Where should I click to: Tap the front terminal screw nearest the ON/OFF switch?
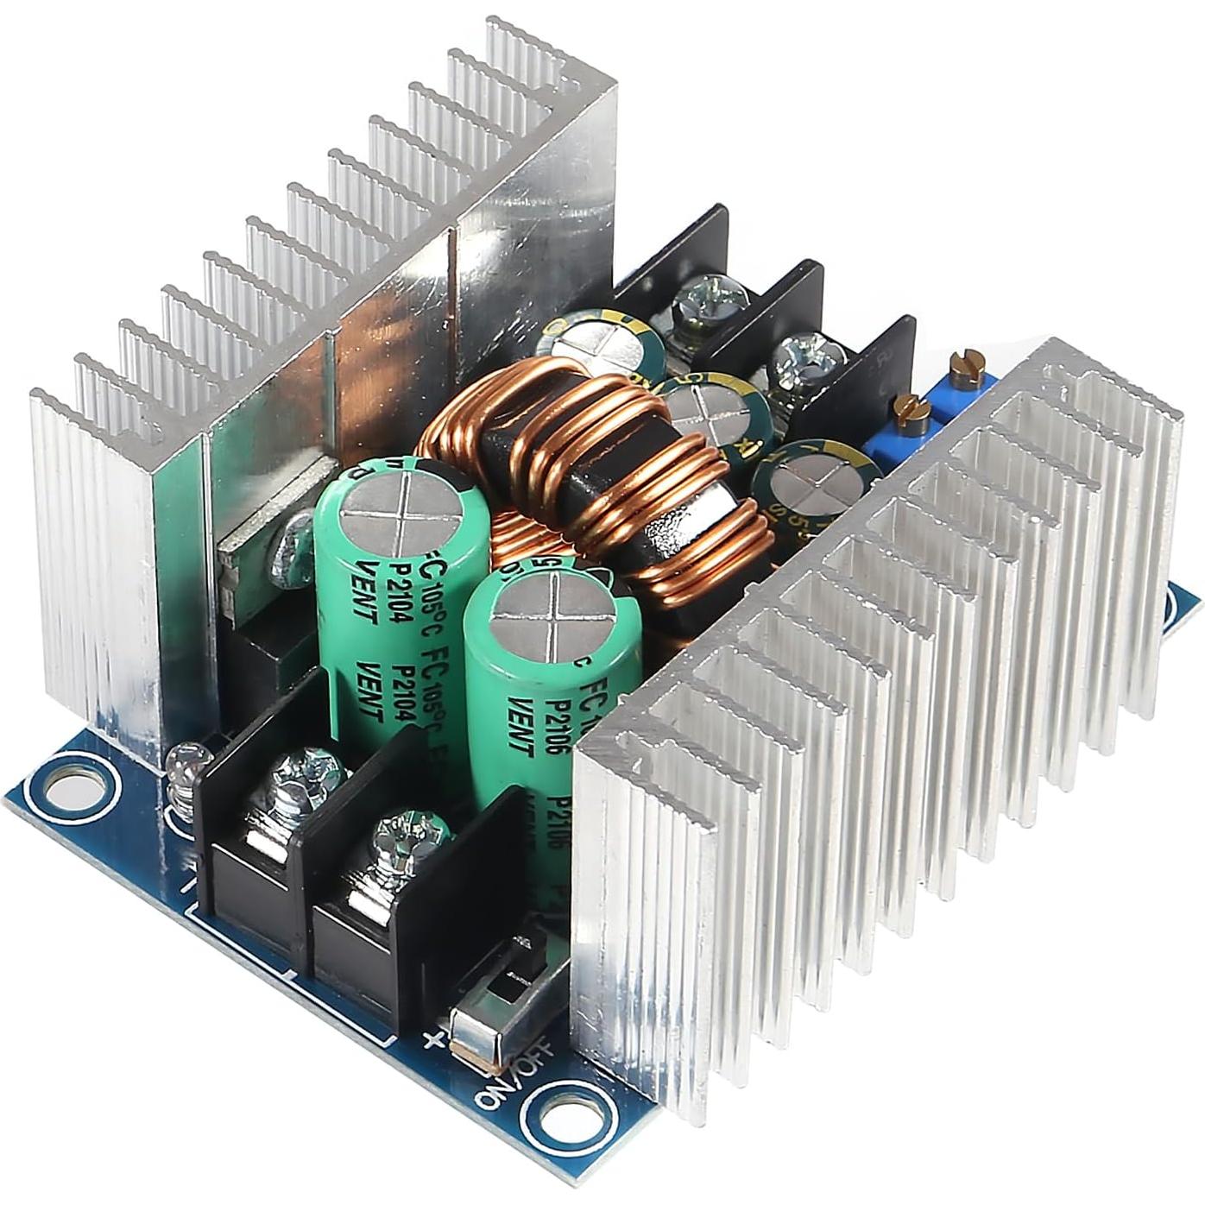409,837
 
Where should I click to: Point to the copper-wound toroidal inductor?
604,483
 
